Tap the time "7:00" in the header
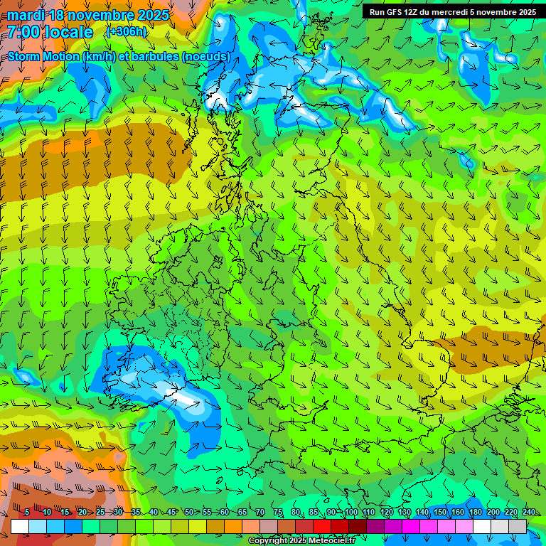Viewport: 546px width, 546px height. point(23,32)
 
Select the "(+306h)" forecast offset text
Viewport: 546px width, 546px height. point(127,31)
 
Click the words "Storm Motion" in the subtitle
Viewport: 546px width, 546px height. point(43,57)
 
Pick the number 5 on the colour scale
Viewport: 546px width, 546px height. point(27,513)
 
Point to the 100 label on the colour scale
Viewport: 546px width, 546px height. point(350,513)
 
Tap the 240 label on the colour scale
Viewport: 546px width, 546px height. point(528,513)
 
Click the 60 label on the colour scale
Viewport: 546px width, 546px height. point(225,513)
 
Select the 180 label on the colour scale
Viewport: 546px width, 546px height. point(475,513)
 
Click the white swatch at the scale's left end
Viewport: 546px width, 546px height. point(20,526)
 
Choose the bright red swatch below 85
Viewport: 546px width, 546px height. point(322,526)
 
